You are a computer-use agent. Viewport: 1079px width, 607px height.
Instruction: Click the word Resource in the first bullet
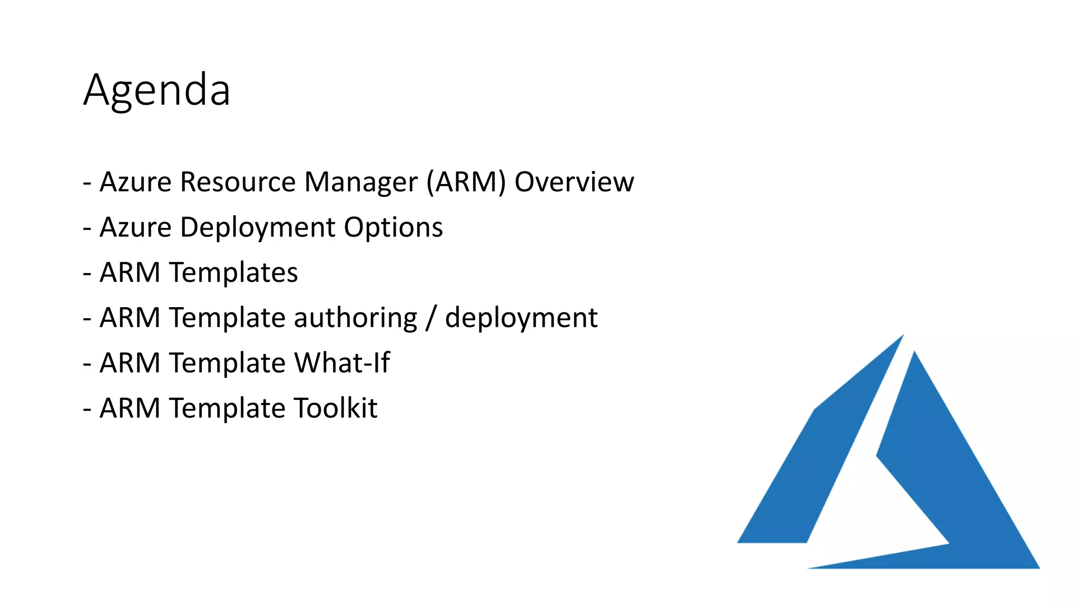(x=238, y=182)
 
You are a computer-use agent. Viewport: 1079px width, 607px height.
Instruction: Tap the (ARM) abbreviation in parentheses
(x=466, y=182)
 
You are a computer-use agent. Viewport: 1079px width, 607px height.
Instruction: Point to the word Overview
(x=574, y=182)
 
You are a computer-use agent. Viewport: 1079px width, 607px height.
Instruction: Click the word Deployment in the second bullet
(x=258, y=228)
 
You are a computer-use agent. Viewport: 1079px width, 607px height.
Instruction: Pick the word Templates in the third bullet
(x=233, y=273)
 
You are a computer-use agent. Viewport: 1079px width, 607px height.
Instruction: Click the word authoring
(x=355, y=318)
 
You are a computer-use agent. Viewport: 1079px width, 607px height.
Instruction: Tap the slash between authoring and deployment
(x=431, y=318)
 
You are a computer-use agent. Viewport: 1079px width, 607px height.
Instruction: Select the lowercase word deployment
(x=521, y=318)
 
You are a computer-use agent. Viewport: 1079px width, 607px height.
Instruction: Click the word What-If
(x=342, y=363)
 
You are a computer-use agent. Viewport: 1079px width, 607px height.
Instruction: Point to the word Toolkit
(x=335, y=408)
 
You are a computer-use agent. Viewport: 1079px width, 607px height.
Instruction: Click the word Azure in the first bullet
(x=135, y=182)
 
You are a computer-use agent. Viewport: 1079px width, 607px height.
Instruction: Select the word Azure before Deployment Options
(x=135, y=228)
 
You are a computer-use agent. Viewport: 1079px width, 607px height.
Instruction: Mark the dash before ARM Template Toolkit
(x=87, y=409)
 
